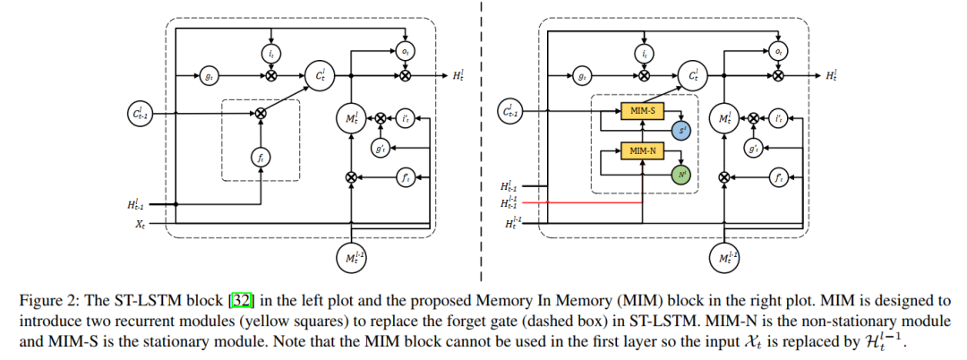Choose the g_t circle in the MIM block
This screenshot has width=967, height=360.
point(582,78)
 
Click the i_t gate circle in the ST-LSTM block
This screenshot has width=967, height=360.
point(271,54)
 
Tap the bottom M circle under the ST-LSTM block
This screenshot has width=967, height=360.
point(350,258)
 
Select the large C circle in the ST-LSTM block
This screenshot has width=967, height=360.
point(319,78)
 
